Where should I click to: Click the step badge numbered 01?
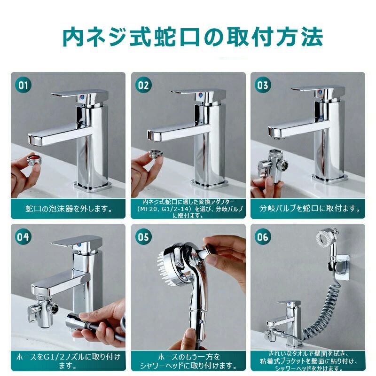tap(23, 85)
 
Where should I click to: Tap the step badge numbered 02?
tap(143, 85)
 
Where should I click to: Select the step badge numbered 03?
tap(263, 85)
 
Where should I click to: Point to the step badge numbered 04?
tap(23, 237)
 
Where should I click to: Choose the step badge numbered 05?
tap(143, 237)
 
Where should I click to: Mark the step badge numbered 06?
tap(263, 237)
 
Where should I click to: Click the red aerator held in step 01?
tap(34, 160)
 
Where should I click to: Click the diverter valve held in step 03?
tap(273, 165)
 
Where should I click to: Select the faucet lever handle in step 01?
tap(79, 95)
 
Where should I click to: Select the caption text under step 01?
tap(68, 209)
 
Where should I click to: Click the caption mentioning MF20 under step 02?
tap(188, 209)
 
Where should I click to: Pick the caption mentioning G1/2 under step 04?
tap(68, 361)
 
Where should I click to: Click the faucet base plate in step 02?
tap(210, 184)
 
